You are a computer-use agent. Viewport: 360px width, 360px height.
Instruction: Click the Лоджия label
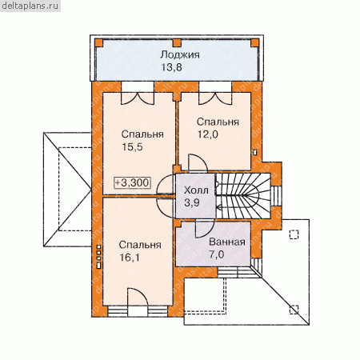180,55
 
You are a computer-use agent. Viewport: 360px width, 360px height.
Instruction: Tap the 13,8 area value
171,67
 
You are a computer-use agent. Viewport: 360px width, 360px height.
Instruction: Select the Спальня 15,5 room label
142,141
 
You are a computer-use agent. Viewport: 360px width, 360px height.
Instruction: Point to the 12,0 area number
207,134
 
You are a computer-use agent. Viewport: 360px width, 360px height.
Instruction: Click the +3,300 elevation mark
133,182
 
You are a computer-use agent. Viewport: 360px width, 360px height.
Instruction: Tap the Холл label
196,190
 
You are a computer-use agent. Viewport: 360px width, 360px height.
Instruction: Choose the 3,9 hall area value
192,202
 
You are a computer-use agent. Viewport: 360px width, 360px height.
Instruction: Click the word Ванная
227,242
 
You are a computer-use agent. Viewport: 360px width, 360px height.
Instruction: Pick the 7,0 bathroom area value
216,254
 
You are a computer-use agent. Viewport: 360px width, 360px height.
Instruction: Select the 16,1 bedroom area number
130,258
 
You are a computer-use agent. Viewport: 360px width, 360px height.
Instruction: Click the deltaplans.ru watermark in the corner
30,6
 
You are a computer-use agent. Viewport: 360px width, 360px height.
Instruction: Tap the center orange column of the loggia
177,42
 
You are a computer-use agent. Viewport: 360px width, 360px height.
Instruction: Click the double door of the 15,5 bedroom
138,98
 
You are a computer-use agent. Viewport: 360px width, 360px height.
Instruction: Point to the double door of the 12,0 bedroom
215,98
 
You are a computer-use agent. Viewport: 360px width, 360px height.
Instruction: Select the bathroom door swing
205,229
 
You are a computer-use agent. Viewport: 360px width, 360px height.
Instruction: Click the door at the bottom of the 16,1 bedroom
138,297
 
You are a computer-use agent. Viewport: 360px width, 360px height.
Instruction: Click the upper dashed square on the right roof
294,234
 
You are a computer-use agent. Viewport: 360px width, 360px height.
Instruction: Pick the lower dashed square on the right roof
294,310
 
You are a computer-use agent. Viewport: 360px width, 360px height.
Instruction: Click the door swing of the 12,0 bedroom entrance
198,162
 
